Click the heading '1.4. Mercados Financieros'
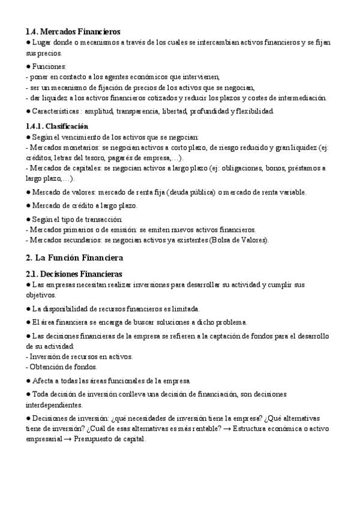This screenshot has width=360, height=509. [73, 31]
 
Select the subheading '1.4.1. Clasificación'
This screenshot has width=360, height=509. [57, 126]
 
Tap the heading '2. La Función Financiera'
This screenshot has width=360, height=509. [74, 258]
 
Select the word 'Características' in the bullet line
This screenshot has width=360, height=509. [56, 111]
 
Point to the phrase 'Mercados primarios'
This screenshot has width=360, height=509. [59, 230]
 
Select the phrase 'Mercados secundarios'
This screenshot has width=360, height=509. [63, 240]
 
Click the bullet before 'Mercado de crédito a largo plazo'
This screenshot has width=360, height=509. [28, 205]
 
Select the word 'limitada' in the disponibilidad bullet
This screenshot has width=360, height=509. [184, 309]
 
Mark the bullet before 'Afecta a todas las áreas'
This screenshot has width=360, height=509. [28, 381]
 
